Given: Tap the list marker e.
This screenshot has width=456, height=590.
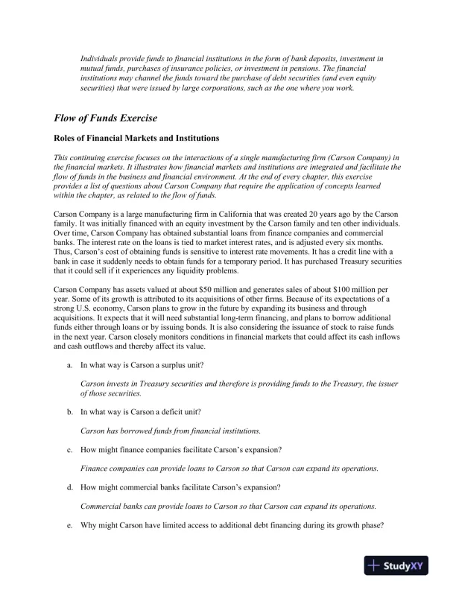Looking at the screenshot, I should point(69,525).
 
